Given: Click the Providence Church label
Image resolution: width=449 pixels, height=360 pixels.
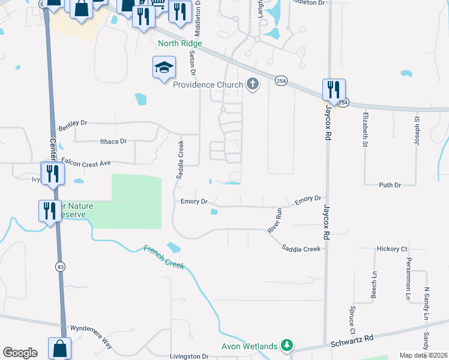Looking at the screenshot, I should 208,85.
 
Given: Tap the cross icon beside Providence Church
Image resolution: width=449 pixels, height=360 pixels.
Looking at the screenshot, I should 253,85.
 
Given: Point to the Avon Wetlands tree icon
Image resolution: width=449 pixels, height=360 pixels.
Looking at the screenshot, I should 288,346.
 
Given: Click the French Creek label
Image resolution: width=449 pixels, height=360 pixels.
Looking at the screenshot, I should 163,257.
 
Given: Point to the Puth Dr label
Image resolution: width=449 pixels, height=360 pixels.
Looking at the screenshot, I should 390,185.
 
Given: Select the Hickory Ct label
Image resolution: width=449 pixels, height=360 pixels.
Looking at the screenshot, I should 392,248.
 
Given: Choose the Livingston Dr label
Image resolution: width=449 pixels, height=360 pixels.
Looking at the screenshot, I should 188,356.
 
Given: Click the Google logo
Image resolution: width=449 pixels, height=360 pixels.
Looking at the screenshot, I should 20,353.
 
